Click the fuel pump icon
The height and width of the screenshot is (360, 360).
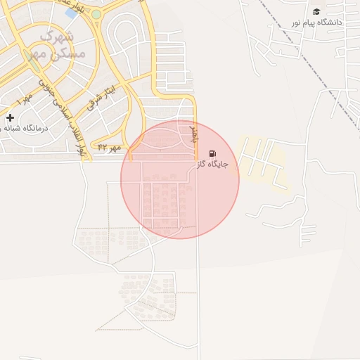pyautogui.click(x=212, y=153)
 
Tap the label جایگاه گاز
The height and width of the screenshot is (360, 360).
pyautogui.click(x=212, y=164)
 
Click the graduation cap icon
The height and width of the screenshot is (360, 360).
pyautogui.click(x=316, y=11)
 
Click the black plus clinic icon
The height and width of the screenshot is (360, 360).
pyautogui.click(x=10, y=117)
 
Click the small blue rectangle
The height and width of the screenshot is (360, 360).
pyautogui.click(x=71, y=13)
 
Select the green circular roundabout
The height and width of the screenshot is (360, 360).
pyautogui.click(x=96, y=14)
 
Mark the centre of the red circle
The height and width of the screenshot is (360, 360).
pyautogui.click(x=180, y=179)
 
